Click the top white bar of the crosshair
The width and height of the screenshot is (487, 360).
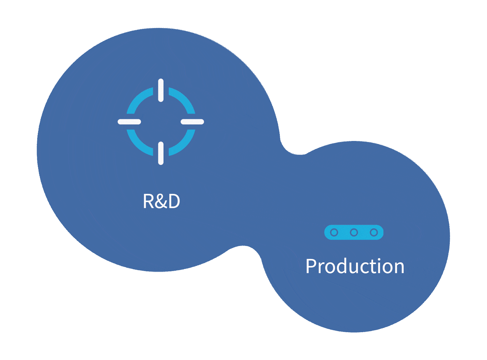coord(161,90)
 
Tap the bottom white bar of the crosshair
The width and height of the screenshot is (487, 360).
coord(161,153)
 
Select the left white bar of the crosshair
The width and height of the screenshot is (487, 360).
coord(129,122)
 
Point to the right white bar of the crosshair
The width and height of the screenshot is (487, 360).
coord(192,122)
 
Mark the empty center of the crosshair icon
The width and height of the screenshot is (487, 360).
coord(161,122)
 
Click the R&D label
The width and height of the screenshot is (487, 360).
coord(161,201)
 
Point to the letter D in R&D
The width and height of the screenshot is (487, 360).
coord(174,201)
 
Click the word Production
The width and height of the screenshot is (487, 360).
coord(355,266)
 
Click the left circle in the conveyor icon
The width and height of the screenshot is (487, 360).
coord(334,232)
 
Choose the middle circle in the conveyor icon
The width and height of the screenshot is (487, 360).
coord(354,232)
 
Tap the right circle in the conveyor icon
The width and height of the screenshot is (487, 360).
coord(374,232)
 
